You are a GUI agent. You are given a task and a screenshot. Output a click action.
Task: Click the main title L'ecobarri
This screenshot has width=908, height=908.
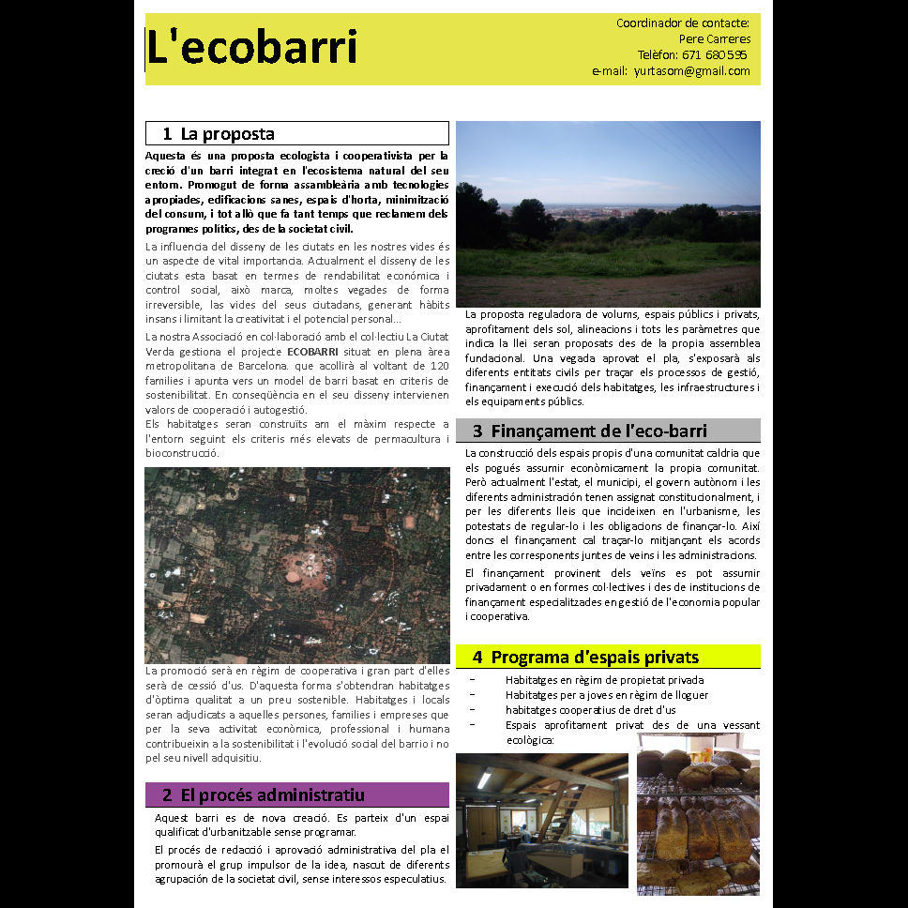click(251, 48)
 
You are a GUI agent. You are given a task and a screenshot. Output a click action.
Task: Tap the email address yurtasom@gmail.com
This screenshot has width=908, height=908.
click(691, 71)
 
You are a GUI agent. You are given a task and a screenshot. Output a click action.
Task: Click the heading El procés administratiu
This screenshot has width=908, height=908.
click(272, 795)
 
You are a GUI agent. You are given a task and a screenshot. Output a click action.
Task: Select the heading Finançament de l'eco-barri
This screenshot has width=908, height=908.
click(598, 431)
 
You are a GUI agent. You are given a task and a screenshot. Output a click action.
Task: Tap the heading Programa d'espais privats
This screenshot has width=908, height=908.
click(595, 658)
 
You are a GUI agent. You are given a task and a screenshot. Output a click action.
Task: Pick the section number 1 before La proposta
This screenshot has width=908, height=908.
click(167, 134)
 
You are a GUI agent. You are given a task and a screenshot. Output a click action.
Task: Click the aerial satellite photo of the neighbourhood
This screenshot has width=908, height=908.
click(296, 565)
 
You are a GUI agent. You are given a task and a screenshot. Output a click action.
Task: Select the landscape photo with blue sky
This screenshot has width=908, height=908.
click(608, 213)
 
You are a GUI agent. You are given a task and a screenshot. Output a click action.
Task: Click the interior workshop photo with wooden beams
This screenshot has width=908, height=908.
click(541, 819)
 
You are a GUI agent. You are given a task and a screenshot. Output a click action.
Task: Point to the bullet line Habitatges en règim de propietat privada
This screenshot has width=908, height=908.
click(604, 680)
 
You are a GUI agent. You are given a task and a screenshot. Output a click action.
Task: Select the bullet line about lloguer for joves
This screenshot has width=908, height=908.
click(606, 695)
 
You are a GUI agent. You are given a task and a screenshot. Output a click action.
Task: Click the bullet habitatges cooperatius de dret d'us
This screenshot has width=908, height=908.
click(590, 710)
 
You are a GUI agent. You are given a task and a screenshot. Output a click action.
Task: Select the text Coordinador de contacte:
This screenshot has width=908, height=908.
click(682, 23)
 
